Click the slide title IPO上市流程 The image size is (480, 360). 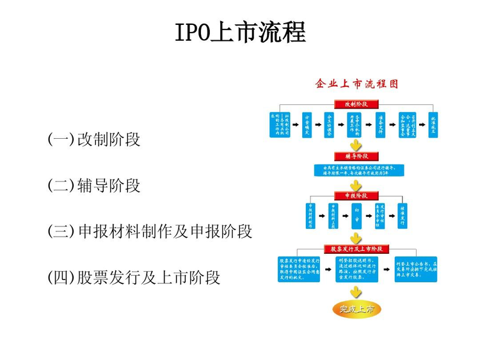pos(240,32)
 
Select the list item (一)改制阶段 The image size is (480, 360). pos(94,139)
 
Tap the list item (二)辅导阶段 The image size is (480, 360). pos(94,186)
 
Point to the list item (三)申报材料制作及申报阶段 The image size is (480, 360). pos(150,231)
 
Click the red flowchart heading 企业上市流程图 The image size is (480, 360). pos(356,84)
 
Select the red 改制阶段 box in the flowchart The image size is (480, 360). pos(356,104)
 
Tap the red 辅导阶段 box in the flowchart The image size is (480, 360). pos(356,156)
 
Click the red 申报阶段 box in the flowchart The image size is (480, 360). pos(356,196)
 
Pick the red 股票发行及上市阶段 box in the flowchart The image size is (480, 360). pos(356,249)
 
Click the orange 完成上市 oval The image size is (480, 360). pos(356,309)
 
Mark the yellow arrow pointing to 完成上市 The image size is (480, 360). pos(356,292)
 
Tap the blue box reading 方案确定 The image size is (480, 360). pos(307,125)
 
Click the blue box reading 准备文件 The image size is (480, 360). pos(380,125)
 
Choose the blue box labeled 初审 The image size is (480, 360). pos(356,215)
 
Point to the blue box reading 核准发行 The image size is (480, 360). pos(403,215)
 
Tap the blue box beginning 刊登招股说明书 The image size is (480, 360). pos(356,269)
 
